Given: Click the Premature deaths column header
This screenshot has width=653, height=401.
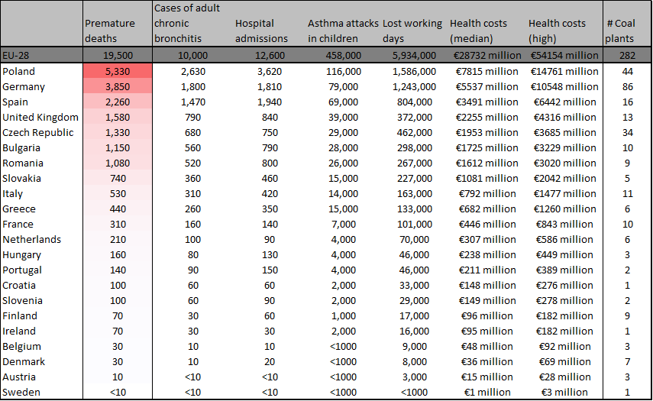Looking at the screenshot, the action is pyautogui.click(x=110, y=31).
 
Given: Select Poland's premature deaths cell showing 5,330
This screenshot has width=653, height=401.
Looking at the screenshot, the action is pyautogui.click(x=118, y=71).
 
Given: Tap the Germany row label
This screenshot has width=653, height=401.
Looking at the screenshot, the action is pyautogui.click(x=24, y=86).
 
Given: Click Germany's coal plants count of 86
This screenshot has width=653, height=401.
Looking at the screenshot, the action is pyautogui.click(x=627, y=86).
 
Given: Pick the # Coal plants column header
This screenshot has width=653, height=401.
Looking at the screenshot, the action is pyautogui.click(x=620, y=31).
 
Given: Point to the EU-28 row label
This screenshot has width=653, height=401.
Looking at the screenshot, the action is pyautogui.click(x=15, y=56).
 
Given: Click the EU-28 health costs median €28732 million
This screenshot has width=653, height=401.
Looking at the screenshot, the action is pyautogui.click(x=485, y=56).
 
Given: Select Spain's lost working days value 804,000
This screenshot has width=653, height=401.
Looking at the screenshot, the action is pyautogui.click(x=414, y=102).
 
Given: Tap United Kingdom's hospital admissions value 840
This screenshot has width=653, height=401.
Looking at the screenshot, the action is pyautogui.click(x=270, y=118).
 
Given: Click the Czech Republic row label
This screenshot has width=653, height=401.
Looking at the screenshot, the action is pyautogui.click(x=38, y=132).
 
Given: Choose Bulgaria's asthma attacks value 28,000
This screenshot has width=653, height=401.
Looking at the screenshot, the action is pyautogui.click(x=343, y=148).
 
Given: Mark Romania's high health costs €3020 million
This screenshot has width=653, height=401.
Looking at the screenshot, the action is pyautogui.click(x=564, y=163).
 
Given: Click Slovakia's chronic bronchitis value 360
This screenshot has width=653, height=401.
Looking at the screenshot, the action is pyautogui.click(x=192, y=178).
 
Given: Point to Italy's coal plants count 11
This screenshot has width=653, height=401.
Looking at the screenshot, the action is pyautogui.click(x=627, y=194).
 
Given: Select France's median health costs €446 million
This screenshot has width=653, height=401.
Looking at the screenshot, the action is pyautogui.click(x=487, y=224).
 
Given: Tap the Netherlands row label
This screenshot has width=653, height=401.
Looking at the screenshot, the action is pyautogui.click(x=31, y=239).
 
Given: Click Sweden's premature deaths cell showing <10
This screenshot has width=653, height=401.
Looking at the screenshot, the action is pyautogui.click(x=118, y=393).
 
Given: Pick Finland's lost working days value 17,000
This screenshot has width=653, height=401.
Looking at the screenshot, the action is pyautogui.click(x=414, y=315).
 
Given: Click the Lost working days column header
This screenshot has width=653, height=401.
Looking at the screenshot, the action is pyautogui.click(x=412, y=31).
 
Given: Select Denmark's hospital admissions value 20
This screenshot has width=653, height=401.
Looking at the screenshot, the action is pyautogui.click(x=270, y=361).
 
